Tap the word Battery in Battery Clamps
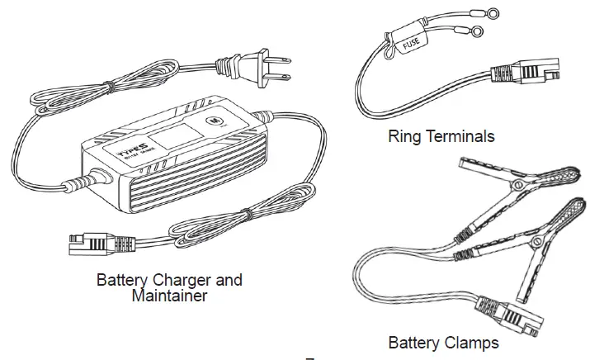point(415,341)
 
